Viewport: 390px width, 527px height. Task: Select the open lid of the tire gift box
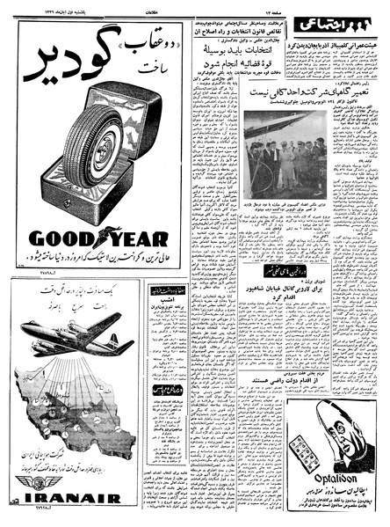click(132, 123)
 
